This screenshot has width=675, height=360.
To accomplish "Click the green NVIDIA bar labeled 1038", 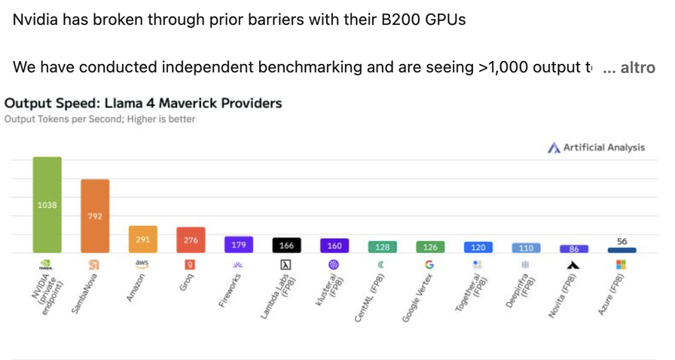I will (x=47, y=204).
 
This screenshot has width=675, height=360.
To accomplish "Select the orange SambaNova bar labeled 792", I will (x=95, y=216).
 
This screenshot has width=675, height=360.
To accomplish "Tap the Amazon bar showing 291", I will (x=142, y=239).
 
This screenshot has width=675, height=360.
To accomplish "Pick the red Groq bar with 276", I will (x=191, y=240).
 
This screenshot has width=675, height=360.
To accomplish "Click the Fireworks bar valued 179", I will (x=239, y=245).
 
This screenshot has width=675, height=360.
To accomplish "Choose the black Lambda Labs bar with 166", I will (x=286, y=246).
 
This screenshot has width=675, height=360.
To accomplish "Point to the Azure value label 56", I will (x=622, y=241).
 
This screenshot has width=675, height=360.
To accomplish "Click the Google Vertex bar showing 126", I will (x=429, y=247).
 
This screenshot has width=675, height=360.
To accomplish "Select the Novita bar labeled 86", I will (x=574, y=249).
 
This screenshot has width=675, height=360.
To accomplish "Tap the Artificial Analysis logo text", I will (x=603, y=148).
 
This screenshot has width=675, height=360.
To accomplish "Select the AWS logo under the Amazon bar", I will (x=142, y=264).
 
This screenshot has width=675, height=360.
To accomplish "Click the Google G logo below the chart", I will (x=429, y=265).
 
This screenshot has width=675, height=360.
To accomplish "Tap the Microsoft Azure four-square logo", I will (x=622, y=265).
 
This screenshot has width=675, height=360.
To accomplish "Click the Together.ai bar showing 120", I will (x=478, y=247).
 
